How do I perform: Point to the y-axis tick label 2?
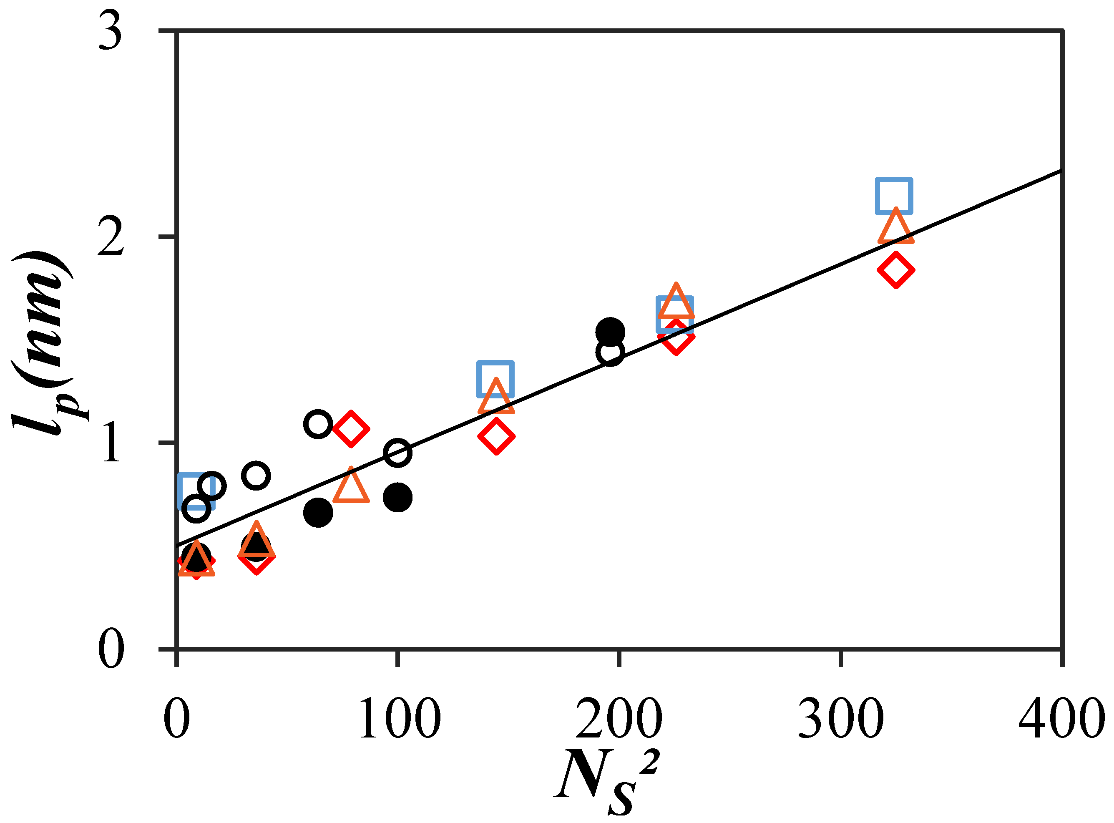coord(110,239)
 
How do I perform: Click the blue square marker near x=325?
coord(894,196)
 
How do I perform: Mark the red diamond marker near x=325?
coord(896,270)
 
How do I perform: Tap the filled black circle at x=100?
coord(397,497)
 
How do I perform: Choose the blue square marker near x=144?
coord(495,379)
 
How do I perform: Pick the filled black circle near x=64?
coord(318,512)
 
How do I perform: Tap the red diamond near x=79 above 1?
coord(351,429)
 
